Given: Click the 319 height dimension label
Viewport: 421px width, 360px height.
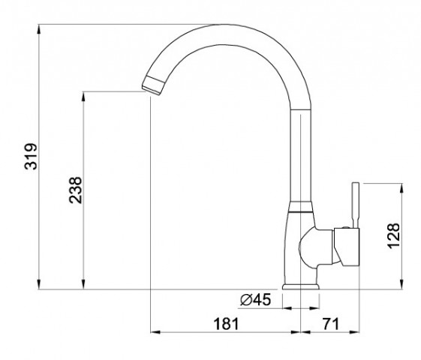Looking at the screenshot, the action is coord(31,157).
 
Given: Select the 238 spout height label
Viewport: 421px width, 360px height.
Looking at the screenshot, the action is coord(76,190).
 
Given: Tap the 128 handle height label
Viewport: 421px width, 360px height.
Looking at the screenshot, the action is coord(394,235).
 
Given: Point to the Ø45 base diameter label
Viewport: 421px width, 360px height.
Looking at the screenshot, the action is coord(256,300).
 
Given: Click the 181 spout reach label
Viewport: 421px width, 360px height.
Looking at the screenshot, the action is coord(226,324).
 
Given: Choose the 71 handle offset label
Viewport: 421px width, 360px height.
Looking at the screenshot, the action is coord(331,324).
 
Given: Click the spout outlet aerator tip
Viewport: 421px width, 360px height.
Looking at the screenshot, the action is coord(152,85).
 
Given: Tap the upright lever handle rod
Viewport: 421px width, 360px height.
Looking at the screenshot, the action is coord(356,205).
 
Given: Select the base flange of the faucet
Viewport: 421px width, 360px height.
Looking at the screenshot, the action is coord(301,286).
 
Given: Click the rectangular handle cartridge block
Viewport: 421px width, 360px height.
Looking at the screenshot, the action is coord(347,247).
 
